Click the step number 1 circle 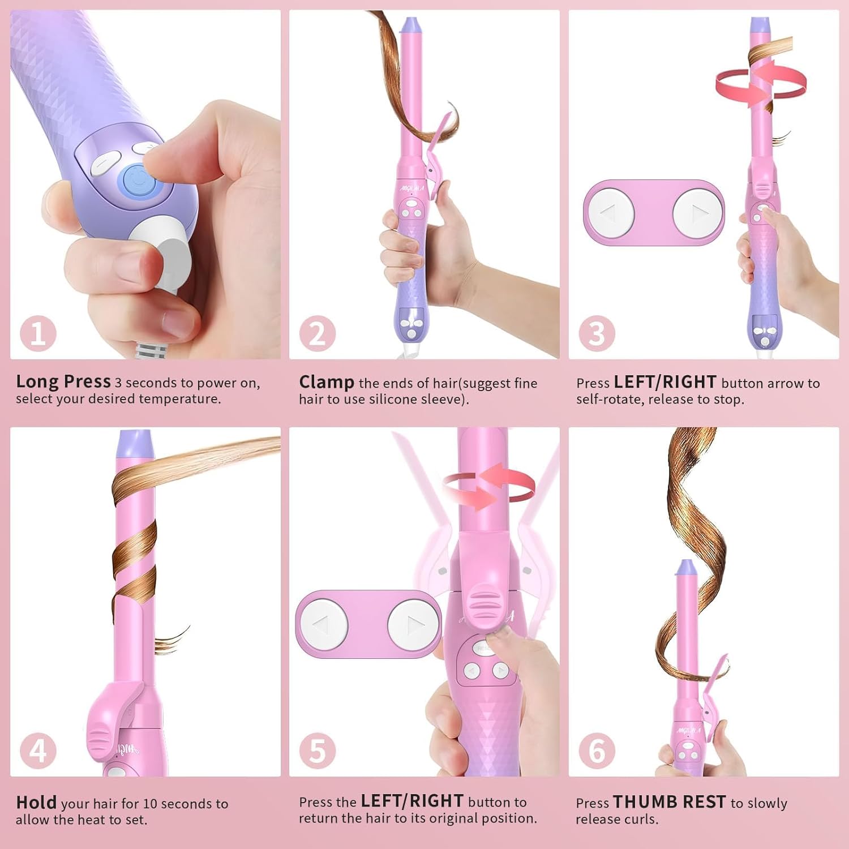pyautogui.click(x=38, y=333)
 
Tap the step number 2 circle pyautogui.click(x=317, y=333)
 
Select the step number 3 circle pyautogui.click(x=597, y=333)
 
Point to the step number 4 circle pyautogui.click(x=38, y=751)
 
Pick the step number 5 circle pyautogui.click(x=317, y=751)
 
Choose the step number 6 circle pyautogui.click(x=597, y=751)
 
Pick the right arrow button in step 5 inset pyautogui.click(x=414, y=625)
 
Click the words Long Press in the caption pyautogui.click(x=63, y=381)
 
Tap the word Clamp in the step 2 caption pyautogui.click(x=327, y=382)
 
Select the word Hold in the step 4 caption pyautogui.click(x=36, y=803)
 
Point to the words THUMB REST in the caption pyautogui.click(x=669, y=802)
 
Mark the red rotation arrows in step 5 pyautogui.click(x=488, y=486)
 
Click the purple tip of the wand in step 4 pyautogui.click(x=135, y=444)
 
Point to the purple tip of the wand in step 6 pyautogui.click(x=685, y=568)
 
